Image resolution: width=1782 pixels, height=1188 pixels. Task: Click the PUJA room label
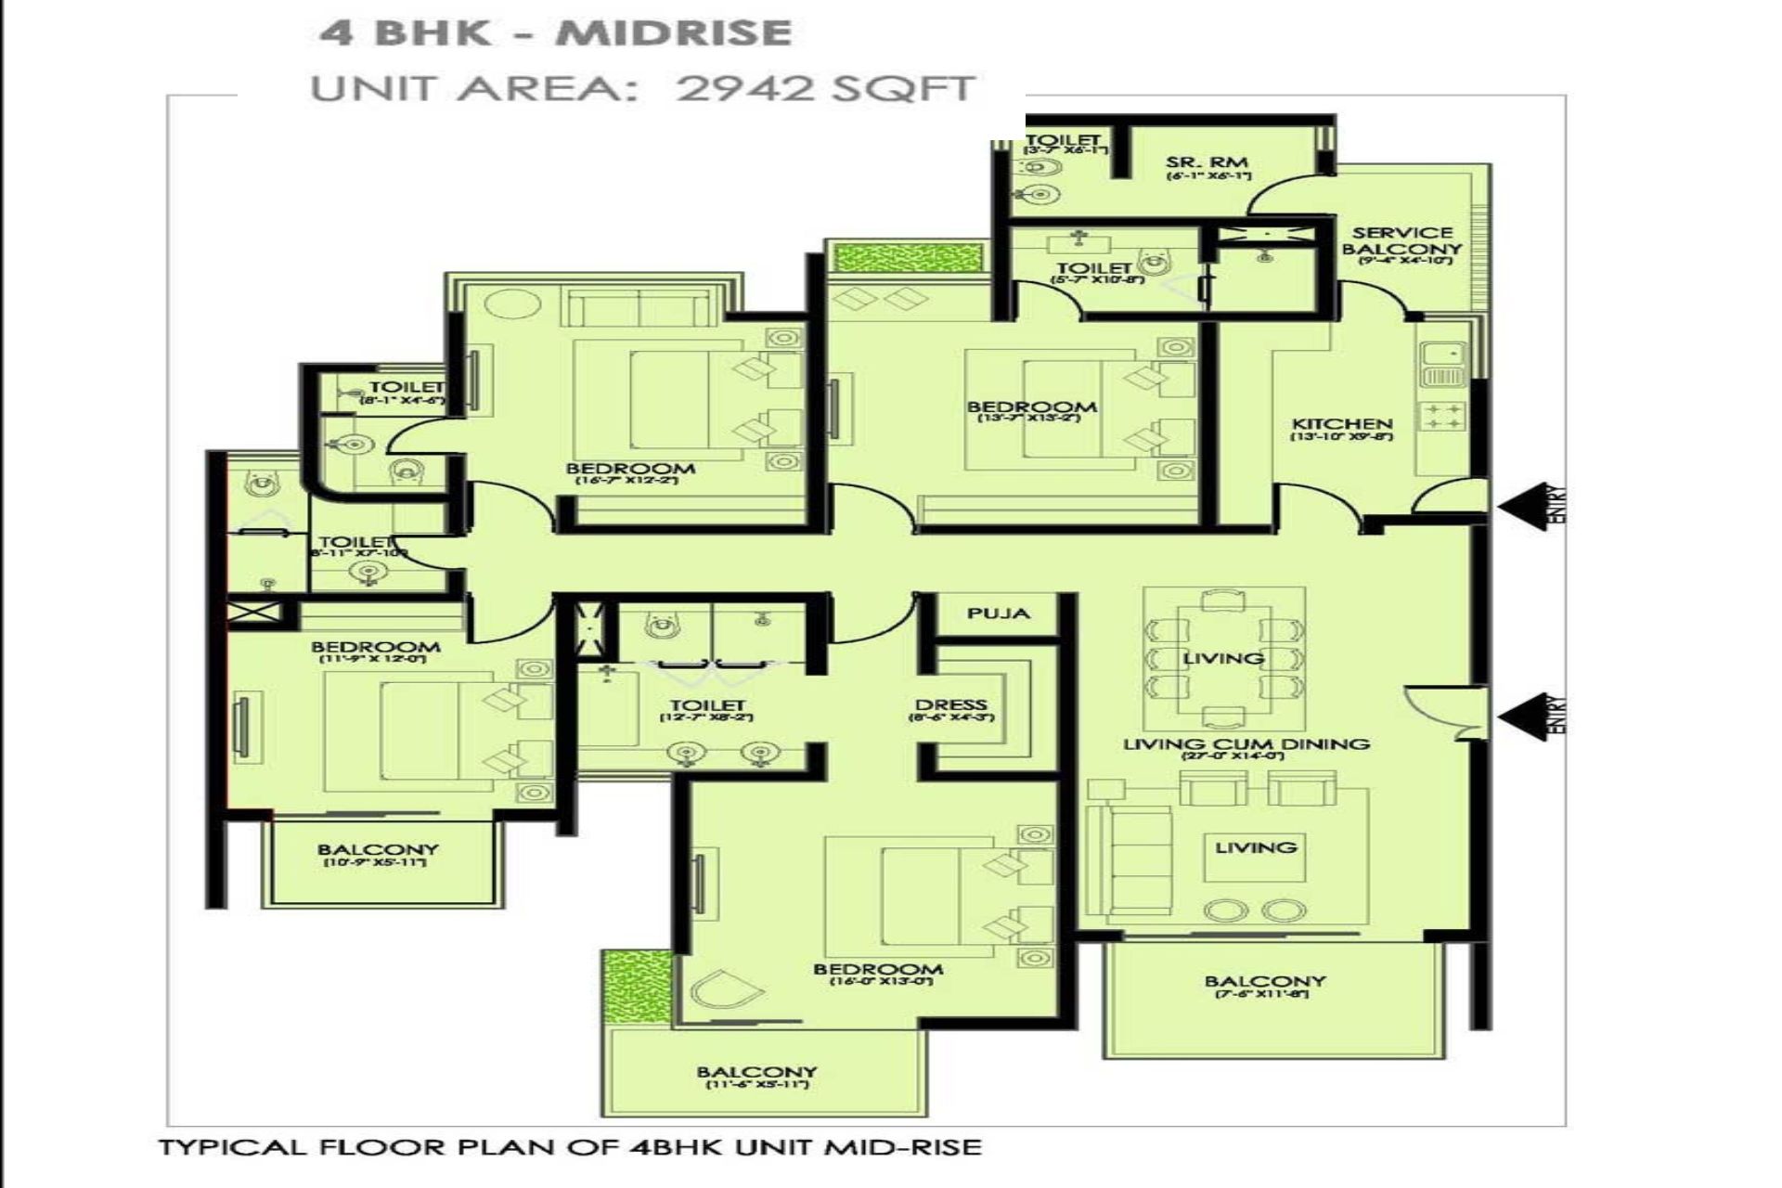[x=998, y=613]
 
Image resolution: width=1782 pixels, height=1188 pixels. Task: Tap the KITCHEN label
[x=1342, y=424]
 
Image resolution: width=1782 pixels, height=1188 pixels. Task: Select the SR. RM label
[x=1207, y=162]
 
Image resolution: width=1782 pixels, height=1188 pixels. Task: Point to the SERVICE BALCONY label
[x=1401, y=241]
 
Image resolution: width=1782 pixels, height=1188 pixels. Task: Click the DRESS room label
[x=949, y=705]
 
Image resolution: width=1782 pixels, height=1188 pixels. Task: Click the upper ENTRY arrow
[x=1527, y=506]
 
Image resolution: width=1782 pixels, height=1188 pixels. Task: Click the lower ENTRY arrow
[x=1527, y=717]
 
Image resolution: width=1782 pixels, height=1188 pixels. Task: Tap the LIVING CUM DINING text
[x=1246, y=743]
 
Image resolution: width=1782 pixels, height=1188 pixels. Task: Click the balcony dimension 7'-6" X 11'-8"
[x=1263, y=995]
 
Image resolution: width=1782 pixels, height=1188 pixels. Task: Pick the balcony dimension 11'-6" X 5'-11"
[x=757, y=1085]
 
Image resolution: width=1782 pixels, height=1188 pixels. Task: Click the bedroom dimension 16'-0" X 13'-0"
[x=877, y=981]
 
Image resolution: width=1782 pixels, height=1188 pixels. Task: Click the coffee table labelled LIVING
[x=1256, y=857]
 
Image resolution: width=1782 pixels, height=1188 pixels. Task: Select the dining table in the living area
[x=1223, y=657]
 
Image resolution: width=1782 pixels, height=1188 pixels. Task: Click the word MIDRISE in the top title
[x=675, y=33]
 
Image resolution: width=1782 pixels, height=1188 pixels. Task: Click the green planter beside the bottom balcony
[x=636, y=987]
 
